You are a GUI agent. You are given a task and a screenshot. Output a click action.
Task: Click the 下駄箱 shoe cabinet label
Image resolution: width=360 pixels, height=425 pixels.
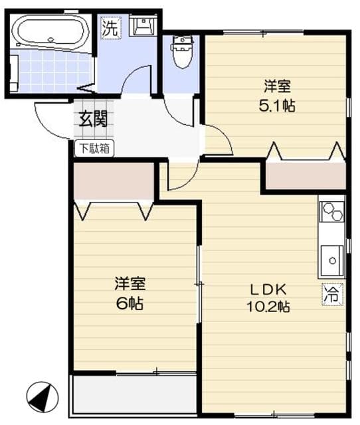pyautogui.click(x=94, y=148)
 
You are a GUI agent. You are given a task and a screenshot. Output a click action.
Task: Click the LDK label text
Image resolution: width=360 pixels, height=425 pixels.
pyautogui.click(x=268, y=290)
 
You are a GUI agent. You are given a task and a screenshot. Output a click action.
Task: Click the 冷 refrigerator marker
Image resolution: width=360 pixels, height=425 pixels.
pyautogui.click(x=331, y=292)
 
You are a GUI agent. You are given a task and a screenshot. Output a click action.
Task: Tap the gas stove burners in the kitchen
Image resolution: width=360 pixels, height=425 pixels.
pyautogui.click(x=331, y=212)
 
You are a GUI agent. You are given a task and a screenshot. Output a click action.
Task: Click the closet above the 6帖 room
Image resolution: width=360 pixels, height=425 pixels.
pyautogui.click(x=114, y=180)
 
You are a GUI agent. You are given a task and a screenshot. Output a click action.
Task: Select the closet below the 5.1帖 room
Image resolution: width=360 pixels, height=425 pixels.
pyautogui.click(x=305, y=175)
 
